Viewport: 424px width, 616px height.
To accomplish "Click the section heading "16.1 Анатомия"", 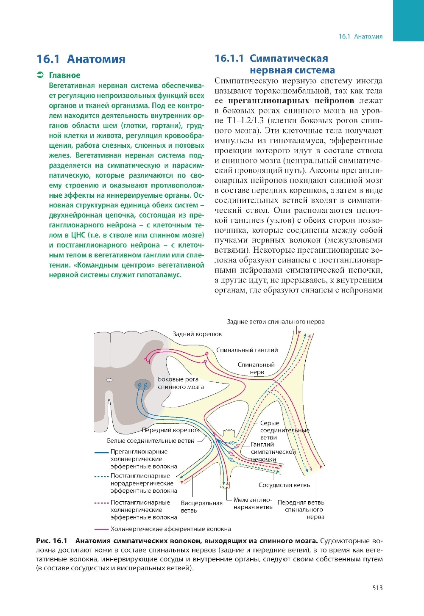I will pos(81,59).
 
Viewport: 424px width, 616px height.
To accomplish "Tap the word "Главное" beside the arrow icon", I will pos(64,75).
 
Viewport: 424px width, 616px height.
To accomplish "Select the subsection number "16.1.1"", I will pos(229,58).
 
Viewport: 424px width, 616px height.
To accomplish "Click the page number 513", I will pos(377,588).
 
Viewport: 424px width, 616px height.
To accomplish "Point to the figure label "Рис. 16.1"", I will pos(52,541).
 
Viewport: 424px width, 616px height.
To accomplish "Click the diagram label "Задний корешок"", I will pos(197,334).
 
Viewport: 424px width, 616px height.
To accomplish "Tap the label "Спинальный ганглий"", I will pos(247,350).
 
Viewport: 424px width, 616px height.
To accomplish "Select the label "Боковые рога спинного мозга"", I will pos(180,383).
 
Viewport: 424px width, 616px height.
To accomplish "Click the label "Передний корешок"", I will pos(170,430).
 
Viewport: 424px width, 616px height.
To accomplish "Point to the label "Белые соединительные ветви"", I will pos(151,441).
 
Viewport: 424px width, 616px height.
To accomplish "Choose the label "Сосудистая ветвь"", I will pos(284,485).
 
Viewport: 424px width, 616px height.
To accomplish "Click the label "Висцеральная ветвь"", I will pos(201,507).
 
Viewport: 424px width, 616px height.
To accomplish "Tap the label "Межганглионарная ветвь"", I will pos(253,503).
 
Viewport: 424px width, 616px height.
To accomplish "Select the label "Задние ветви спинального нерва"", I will pos(276,322).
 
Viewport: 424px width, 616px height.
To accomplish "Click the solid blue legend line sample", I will pos(101,452).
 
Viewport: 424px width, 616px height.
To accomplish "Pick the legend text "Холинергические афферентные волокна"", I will pos(170,529).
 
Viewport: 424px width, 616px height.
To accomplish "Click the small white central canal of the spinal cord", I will pos(109,380).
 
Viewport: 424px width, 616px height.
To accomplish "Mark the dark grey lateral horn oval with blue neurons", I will pos(142,384).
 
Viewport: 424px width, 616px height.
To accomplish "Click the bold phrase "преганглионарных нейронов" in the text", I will pos(291,101).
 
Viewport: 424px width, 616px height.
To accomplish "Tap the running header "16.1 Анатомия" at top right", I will pos(360,36).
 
